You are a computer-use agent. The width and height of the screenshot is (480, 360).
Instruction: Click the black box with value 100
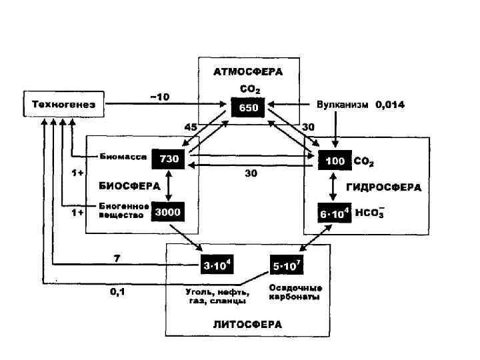coord(334,161)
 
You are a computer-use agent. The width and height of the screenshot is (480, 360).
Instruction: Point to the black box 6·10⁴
coord(334,213)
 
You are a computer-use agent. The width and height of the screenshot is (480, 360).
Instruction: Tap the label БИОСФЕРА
coord(125,185)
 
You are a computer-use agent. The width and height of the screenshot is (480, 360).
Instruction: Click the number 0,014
coord(389,105)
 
